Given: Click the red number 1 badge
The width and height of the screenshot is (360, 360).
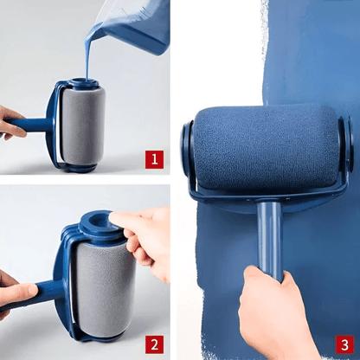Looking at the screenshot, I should click(154, 158).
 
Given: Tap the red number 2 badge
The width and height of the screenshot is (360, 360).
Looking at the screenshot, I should click(154, 344).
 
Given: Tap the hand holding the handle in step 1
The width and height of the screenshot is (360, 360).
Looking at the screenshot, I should click(10, 123).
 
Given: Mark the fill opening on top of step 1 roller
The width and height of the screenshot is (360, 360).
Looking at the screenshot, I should click(84, 85).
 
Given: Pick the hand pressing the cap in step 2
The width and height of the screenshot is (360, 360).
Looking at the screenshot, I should click(149, 238).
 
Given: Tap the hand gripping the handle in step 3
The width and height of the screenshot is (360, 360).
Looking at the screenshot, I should click(273, 316).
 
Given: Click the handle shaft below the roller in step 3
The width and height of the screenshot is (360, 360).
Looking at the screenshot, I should click(268, 238).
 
